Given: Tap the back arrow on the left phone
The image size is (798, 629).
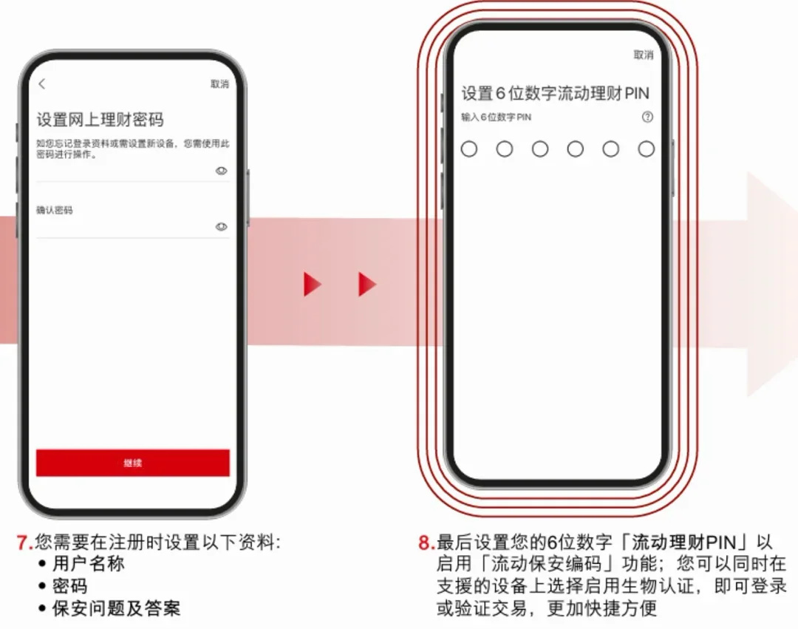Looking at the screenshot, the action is [41, 84].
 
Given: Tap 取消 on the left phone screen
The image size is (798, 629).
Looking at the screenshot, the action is [220, 84].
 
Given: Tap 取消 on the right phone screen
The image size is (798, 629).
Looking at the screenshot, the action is [644, 55].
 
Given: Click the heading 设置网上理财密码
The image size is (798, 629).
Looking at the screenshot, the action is [100, 120].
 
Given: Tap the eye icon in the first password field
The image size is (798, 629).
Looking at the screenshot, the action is [222, 171].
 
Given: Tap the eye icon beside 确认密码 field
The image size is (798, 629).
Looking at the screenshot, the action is [222, 226].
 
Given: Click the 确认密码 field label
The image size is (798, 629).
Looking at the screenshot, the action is [55, 210].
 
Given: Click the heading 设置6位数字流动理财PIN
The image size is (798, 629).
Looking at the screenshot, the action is [555, 93].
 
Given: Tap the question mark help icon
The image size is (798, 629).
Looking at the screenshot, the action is [647, 117].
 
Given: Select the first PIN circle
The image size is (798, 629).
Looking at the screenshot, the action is [468, 149].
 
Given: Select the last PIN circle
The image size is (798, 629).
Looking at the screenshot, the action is [647, 149].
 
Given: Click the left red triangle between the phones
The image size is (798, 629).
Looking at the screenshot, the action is [313, 284].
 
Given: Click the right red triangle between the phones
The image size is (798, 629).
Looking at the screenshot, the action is [367, 284].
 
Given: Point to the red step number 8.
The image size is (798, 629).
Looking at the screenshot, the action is [424, 543].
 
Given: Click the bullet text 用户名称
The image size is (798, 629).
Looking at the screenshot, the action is [89, 564].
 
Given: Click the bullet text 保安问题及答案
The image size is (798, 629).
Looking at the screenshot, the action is [117, 608].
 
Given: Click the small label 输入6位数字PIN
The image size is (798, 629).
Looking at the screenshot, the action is [497, 117].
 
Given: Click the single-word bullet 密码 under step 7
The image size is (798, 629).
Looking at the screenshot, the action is [69, 586].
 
